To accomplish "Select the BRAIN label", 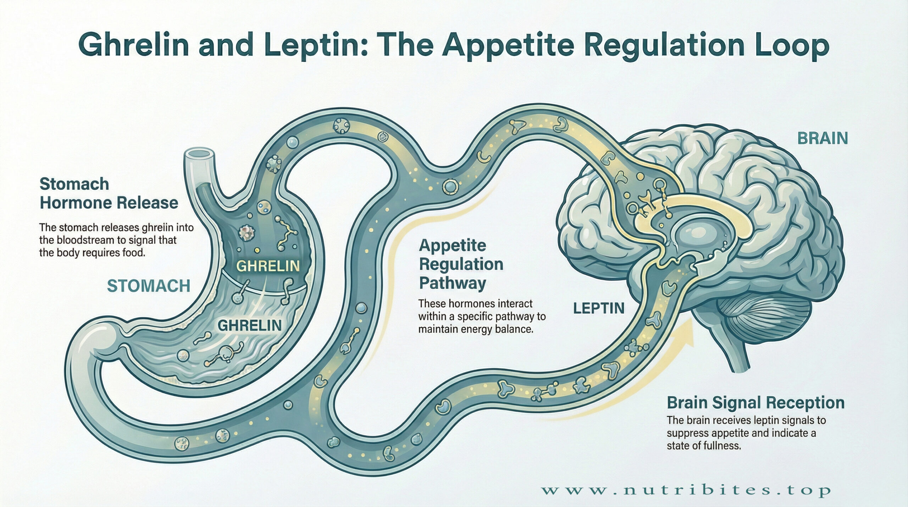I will (823, 138).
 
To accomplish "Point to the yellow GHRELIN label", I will (268, 266).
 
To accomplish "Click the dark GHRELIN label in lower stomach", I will (250, 325).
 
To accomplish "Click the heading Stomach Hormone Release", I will (109, 194).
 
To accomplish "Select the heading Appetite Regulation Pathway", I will (461, 264).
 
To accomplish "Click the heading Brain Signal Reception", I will (755, 403).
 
